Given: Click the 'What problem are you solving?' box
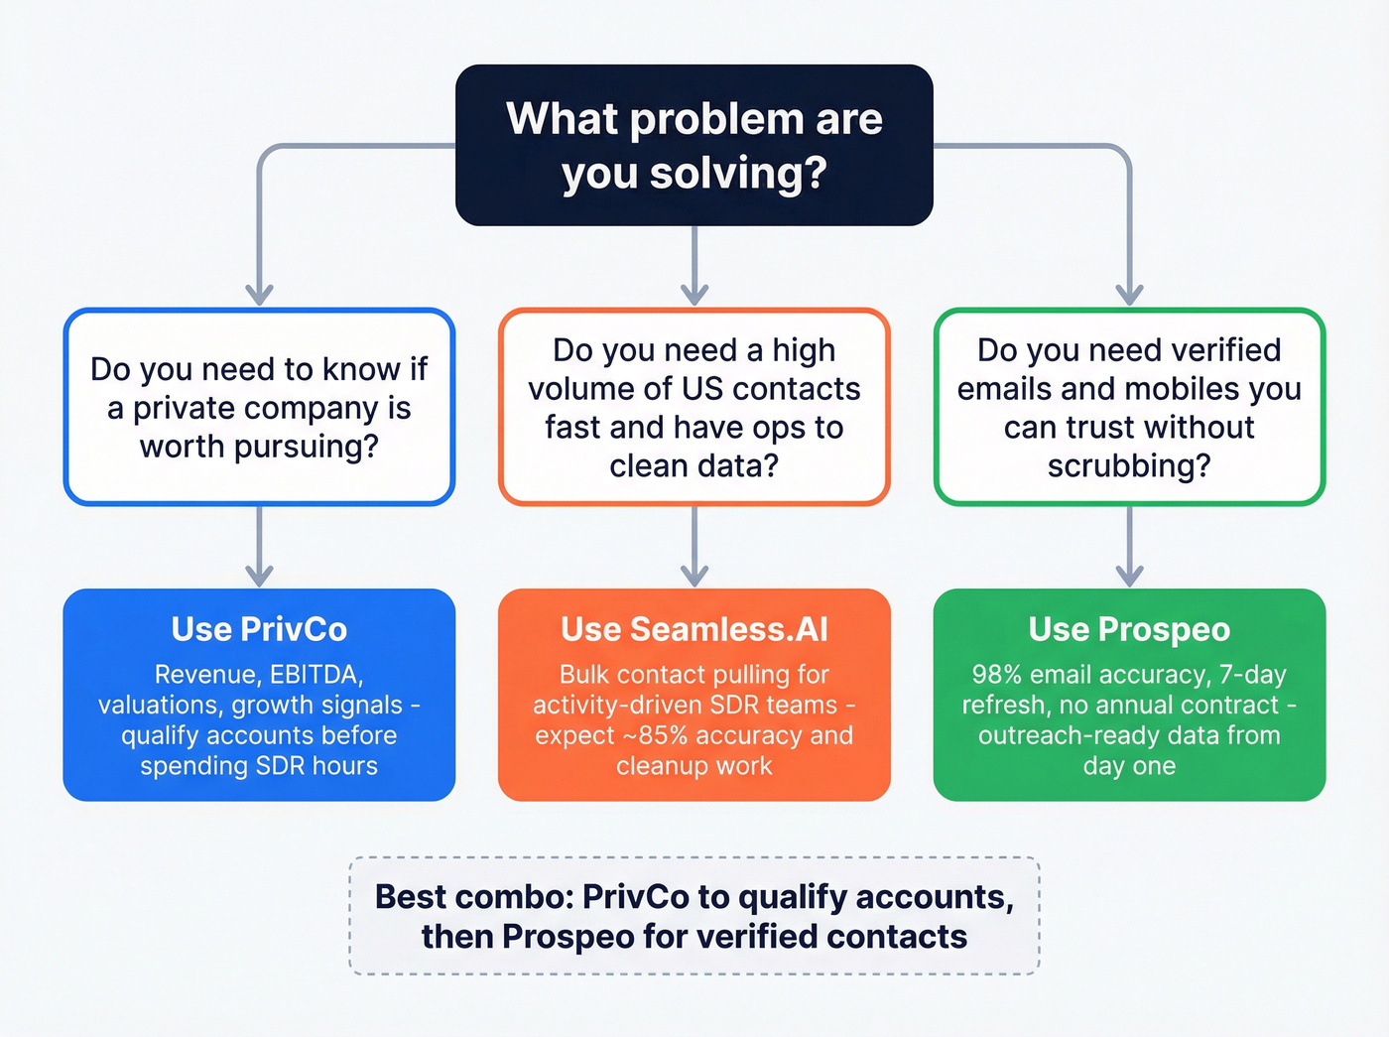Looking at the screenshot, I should tap(694, 145).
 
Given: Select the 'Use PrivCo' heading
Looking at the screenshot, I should tap(259, 629).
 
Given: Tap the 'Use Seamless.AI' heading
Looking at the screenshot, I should tap(694, 629).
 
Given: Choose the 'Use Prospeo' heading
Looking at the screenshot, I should tap(1129, 629).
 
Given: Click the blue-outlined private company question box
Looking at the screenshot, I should tap(259, 407).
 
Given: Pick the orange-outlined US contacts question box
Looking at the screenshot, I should tap(694, 407).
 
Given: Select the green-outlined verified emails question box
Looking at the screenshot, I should tap(1129, 407).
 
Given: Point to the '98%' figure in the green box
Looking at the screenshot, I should tap(996, 675).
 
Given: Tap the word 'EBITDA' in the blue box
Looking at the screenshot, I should tap(316, 675).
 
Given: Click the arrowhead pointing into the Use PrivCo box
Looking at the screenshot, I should tap(259, 576).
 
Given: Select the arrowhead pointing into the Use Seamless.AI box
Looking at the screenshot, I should tap(694, 576).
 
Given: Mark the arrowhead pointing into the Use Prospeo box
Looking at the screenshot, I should tap(1129, 576).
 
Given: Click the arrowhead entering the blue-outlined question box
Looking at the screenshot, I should tap(259, 295).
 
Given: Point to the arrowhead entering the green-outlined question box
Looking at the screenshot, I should tap(1129, 295).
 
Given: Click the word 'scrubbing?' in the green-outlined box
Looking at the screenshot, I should tap(1129, 465).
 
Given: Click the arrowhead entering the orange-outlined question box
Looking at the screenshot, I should tap(694, 295).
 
